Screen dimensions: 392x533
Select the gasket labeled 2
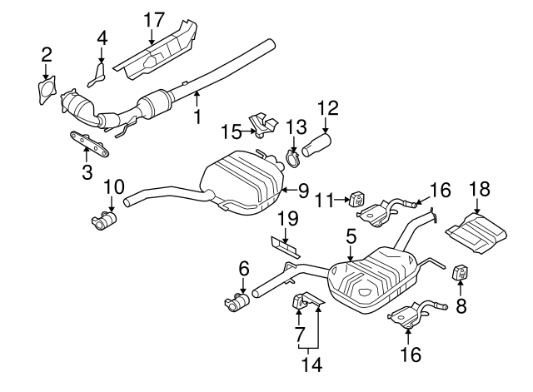(47, 91)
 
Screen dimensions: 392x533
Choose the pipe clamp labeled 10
(104, 219)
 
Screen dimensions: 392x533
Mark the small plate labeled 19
(285, 246)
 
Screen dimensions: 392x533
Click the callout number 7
(297, 335)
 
